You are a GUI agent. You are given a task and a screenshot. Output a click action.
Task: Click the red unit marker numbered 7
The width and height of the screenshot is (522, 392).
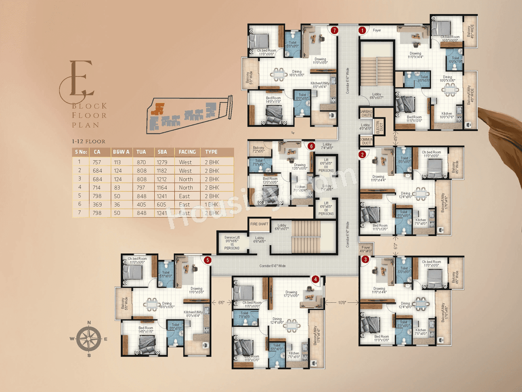(x=334, y=30)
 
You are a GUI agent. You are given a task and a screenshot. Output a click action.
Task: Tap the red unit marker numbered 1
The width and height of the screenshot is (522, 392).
(x=362, y=30)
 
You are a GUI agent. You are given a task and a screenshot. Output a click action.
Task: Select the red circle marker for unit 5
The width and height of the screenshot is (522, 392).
(x=208, y=260)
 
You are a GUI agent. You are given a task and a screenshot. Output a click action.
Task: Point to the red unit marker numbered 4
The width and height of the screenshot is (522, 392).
(x=315, y=279)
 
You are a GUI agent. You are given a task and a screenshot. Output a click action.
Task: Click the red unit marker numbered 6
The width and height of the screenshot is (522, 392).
(x=312, y=146)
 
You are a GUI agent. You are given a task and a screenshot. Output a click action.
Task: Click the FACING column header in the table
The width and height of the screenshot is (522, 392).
(x=187, y=152)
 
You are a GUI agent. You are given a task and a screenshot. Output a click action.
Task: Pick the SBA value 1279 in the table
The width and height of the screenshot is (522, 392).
(x=162, y=162)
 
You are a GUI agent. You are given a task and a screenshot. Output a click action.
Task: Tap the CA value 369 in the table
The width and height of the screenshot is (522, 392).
(x=97, y=205)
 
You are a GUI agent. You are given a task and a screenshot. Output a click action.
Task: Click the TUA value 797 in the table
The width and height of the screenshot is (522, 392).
(x=141, y=187)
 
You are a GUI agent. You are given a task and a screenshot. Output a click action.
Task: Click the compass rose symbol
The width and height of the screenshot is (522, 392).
(x=89, y=339)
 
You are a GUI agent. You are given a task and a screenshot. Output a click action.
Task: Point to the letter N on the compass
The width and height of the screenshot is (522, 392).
(x=89, y=323)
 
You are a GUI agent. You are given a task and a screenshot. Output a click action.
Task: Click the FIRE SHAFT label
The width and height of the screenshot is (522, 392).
(x=259, y=224)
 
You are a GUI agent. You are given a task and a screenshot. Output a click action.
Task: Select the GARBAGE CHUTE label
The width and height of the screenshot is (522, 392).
(x=366, y=113)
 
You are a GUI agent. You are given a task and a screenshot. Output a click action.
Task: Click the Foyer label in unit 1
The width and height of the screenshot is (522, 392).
(x=377, y=30)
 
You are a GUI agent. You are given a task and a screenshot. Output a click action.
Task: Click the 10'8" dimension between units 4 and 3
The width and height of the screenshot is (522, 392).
(x=342, y=302)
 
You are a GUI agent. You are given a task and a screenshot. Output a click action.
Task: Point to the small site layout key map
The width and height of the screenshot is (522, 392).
(x=189, y=115)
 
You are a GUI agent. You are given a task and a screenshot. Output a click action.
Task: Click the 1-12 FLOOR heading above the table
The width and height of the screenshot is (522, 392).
(x=88, y=141)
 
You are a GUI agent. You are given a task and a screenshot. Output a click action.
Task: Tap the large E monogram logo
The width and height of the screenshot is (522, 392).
(x=77, y=81)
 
